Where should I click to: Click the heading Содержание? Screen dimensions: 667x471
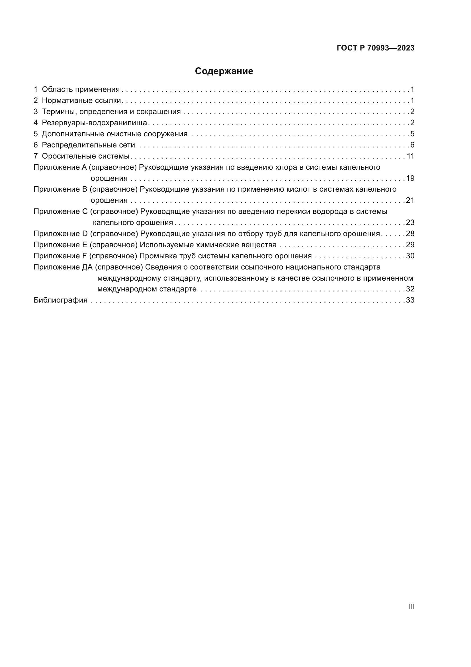tap(224, 71)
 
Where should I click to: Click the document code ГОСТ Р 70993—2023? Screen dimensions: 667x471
tap(376, 48)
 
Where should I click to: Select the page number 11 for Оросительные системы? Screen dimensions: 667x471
tap(410, 156)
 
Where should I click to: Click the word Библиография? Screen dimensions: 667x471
tap(60, 300)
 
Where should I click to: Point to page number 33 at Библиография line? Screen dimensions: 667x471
tap(410, 300)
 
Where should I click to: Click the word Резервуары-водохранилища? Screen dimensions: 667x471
tap(95, 123)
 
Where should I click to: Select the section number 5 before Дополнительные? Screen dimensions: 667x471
tap(35, 134)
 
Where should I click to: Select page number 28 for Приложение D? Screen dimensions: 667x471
tap(410, 234)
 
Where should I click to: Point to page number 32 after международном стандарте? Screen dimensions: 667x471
tap(410, 289)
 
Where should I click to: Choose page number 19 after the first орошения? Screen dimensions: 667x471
tap(410, 178)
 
